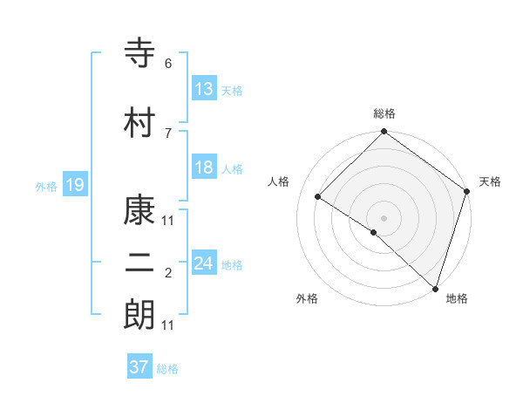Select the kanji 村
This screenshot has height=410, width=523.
click(x=140, y=123)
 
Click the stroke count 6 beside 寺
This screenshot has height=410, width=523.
click(x=168, y=64)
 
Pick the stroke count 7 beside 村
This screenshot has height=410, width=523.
click(x=168, y=133)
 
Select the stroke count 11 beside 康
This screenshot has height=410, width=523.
click(x=168, y=220)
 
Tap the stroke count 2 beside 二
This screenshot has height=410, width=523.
click(x=168, y=274)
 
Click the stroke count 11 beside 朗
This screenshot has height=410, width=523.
click(x=168, y=325)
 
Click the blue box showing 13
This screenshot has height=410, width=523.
click(x=203, y=89)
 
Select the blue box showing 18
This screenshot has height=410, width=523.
click(x=203, y=167)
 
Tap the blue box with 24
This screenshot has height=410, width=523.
click(x=203, y=263)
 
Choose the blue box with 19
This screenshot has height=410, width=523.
click(x=74, y=185)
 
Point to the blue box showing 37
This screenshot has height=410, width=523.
click(x=139, y=367)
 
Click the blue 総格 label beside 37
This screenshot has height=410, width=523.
click(x=167, y=369)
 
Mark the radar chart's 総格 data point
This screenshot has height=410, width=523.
click(x=384, y=133)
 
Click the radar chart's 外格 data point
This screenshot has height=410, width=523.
click(x=374, y=232)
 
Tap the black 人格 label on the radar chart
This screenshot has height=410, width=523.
click(x=279, y=181)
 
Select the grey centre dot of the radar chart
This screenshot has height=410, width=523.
click(x=384, y=217)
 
